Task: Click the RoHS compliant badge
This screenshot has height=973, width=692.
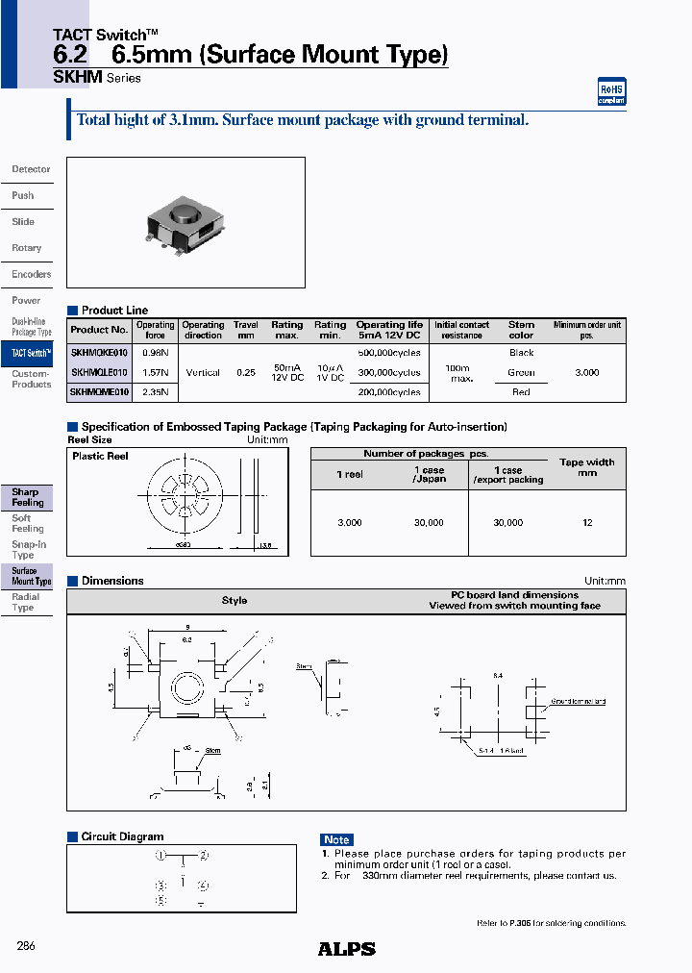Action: click(611, 91)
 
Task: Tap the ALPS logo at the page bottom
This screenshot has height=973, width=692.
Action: click(346, 949)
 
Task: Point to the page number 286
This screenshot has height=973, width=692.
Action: click(26, 946)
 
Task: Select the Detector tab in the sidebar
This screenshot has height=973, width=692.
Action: click(31, 169)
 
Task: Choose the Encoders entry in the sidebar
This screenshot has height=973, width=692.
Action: click(31, 274)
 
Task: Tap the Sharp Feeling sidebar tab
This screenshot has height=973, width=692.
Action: click(27, 497)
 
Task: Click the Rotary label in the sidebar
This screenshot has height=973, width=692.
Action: click(27, 248)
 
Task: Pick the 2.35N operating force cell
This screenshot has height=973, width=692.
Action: click(155, 392)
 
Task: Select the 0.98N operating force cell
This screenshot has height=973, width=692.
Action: click(155, 353)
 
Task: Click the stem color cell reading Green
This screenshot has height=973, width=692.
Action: click(521, 372)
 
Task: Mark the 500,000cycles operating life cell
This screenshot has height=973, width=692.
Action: click(388, 353)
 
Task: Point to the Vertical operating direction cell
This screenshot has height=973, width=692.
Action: click(203, 372)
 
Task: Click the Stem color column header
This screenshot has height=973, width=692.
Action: click(521, 330)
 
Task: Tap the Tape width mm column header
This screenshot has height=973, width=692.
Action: click(586, 467)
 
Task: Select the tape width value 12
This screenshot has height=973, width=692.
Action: click(587, 523)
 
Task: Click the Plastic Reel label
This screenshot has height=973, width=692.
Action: click(100, 456)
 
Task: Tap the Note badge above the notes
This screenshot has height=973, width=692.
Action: click(336, 839)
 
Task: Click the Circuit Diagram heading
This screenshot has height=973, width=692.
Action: click(122, 836)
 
